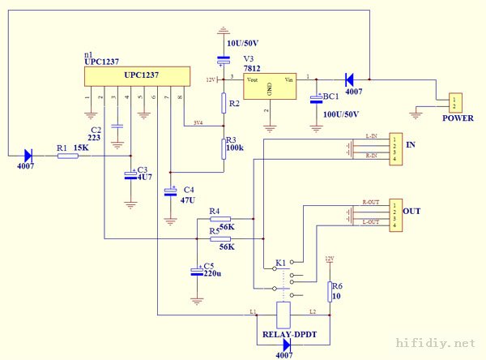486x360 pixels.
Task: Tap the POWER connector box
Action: coord(454,103)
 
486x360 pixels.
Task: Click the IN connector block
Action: coord(394,148)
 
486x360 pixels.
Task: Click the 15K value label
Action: coord(81,148)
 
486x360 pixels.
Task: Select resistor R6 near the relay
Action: coord(330,291)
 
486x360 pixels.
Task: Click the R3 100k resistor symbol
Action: coord(224,148)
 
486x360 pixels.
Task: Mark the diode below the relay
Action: coord(286,344)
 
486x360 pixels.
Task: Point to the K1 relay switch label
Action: coord(280,264)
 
